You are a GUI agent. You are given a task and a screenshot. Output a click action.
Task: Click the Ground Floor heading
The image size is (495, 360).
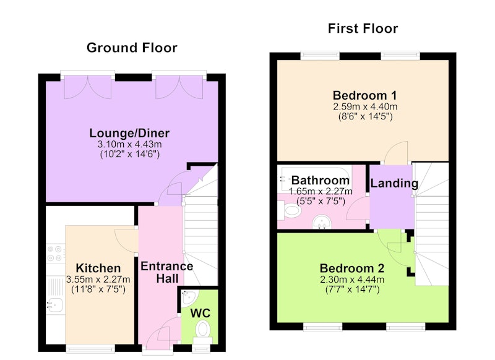click(x=132, y=48)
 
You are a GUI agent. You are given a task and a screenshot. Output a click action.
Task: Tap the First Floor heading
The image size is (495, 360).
click(x=363, y=28)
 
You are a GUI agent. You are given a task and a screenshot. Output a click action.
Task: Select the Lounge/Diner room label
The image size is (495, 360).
click(x=129, y=133)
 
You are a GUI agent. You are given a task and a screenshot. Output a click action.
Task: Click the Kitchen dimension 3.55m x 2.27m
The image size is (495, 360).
click(x=98, y=279)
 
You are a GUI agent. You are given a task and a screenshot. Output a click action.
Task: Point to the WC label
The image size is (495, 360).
click(x=200, y=314)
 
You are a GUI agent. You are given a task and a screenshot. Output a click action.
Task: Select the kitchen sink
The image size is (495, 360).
click(x=55, y=305)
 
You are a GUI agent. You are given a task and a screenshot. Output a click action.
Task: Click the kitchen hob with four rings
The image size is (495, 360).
click(x=56, y=254)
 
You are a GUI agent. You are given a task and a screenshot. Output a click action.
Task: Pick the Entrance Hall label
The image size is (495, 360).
click(x=166, y=272)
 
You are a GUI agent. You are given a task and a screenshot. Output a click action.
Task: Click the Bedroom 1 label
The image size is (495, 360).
click(x=364, y=95)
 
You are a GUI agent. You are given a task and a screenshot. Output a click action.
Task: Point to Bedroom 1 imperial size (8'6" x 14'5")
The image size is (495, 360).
click(x=365, y=117)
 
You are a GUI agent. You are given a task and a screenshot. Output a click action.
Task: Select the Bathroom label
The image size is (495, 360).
click(x=321, y=180)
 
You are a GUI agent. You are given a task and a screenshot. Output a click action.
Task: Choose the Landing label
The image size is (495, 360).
click(x=394, y=183)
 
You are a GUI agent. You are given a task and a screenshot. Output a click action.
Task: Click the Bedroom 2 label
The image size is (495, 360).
click(x=352, y=268)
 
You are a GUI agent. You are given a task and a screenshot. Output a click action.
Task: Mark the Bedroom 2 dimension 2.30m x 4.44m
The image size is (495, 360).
click(x=352, y=280)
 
